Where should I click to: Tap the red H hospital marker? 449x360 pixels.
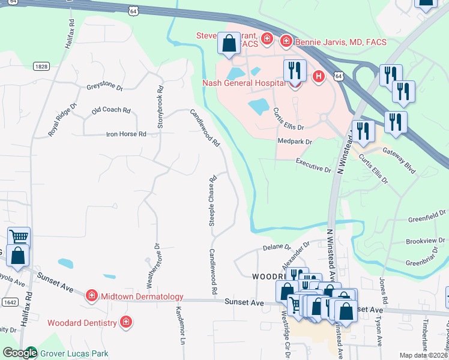click(318, 76)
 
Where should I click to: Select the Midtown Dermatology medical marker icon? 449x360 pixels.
click(91, 295)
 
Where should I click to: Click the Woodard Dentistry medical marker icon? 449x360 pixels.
click(125, 322)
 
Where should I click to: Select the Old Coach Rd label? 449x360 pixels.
click(111, 110)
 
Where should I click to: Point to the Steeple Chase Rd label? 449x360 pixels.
click(212, 201)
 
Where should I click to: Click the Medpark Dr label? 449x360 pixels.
click(295, 142)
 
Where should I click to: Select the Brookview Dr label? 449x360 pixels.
click(426, 241)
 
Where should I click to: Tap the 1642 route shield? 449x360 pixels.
click(9, 303)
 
